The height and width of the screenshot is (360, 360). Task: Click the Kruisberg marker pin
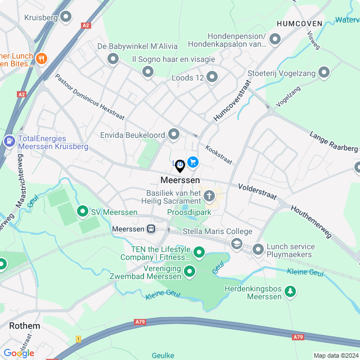(66, 17)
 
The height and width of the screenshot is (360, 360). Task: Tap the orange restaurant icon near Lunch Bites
(40, 58)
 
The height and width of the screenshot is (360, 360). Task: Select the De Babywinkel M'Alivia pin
(113, 58)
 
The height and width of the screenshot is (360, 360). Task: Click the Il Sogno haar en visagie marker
(148, 71)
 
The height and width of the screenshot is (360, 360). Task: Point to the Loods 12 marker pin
(212, 76)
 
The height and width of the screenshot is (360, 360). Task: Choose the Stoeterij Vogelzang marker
(324, 72)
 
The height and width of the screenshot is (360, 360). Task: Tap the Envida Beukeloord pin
(174, 134)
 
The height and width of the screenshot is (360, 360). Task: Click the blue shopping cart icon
(193, 162)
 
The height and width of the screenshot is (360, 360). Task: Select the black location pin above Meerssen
(180, 165)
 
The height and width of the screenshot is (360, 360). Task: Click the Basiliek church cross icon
(209, 196)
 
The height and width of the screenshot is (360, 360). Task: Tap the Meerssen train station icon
(151, 229)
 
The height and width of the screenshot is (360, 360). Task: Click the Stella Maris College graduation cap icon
(237, 244)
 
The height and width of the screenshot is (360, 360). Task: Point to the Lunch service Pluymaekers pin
(258, 249)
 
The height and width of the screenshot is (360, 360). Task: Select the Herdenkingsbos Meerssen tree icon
(290, 291)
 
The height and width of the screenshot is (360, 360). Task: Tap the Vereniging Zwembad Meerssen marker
(190, 272)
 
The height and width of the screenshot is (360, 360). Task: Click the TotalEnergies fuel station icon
(9, 141)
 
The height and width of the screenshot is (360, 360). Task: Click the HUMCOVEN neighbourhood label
(299, 24)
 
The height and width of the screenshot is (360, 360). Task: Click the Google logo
(19, 353)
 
